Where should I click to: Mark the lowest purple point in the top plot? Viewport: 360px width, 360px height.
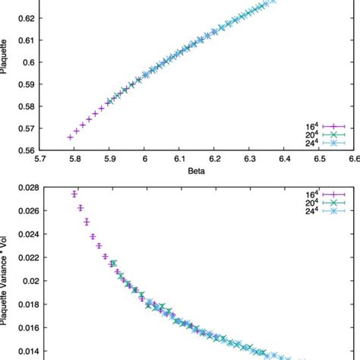tap(71, 137)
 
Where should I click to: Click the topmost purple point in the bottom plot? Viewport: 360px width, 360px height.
tap(74, 194)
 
